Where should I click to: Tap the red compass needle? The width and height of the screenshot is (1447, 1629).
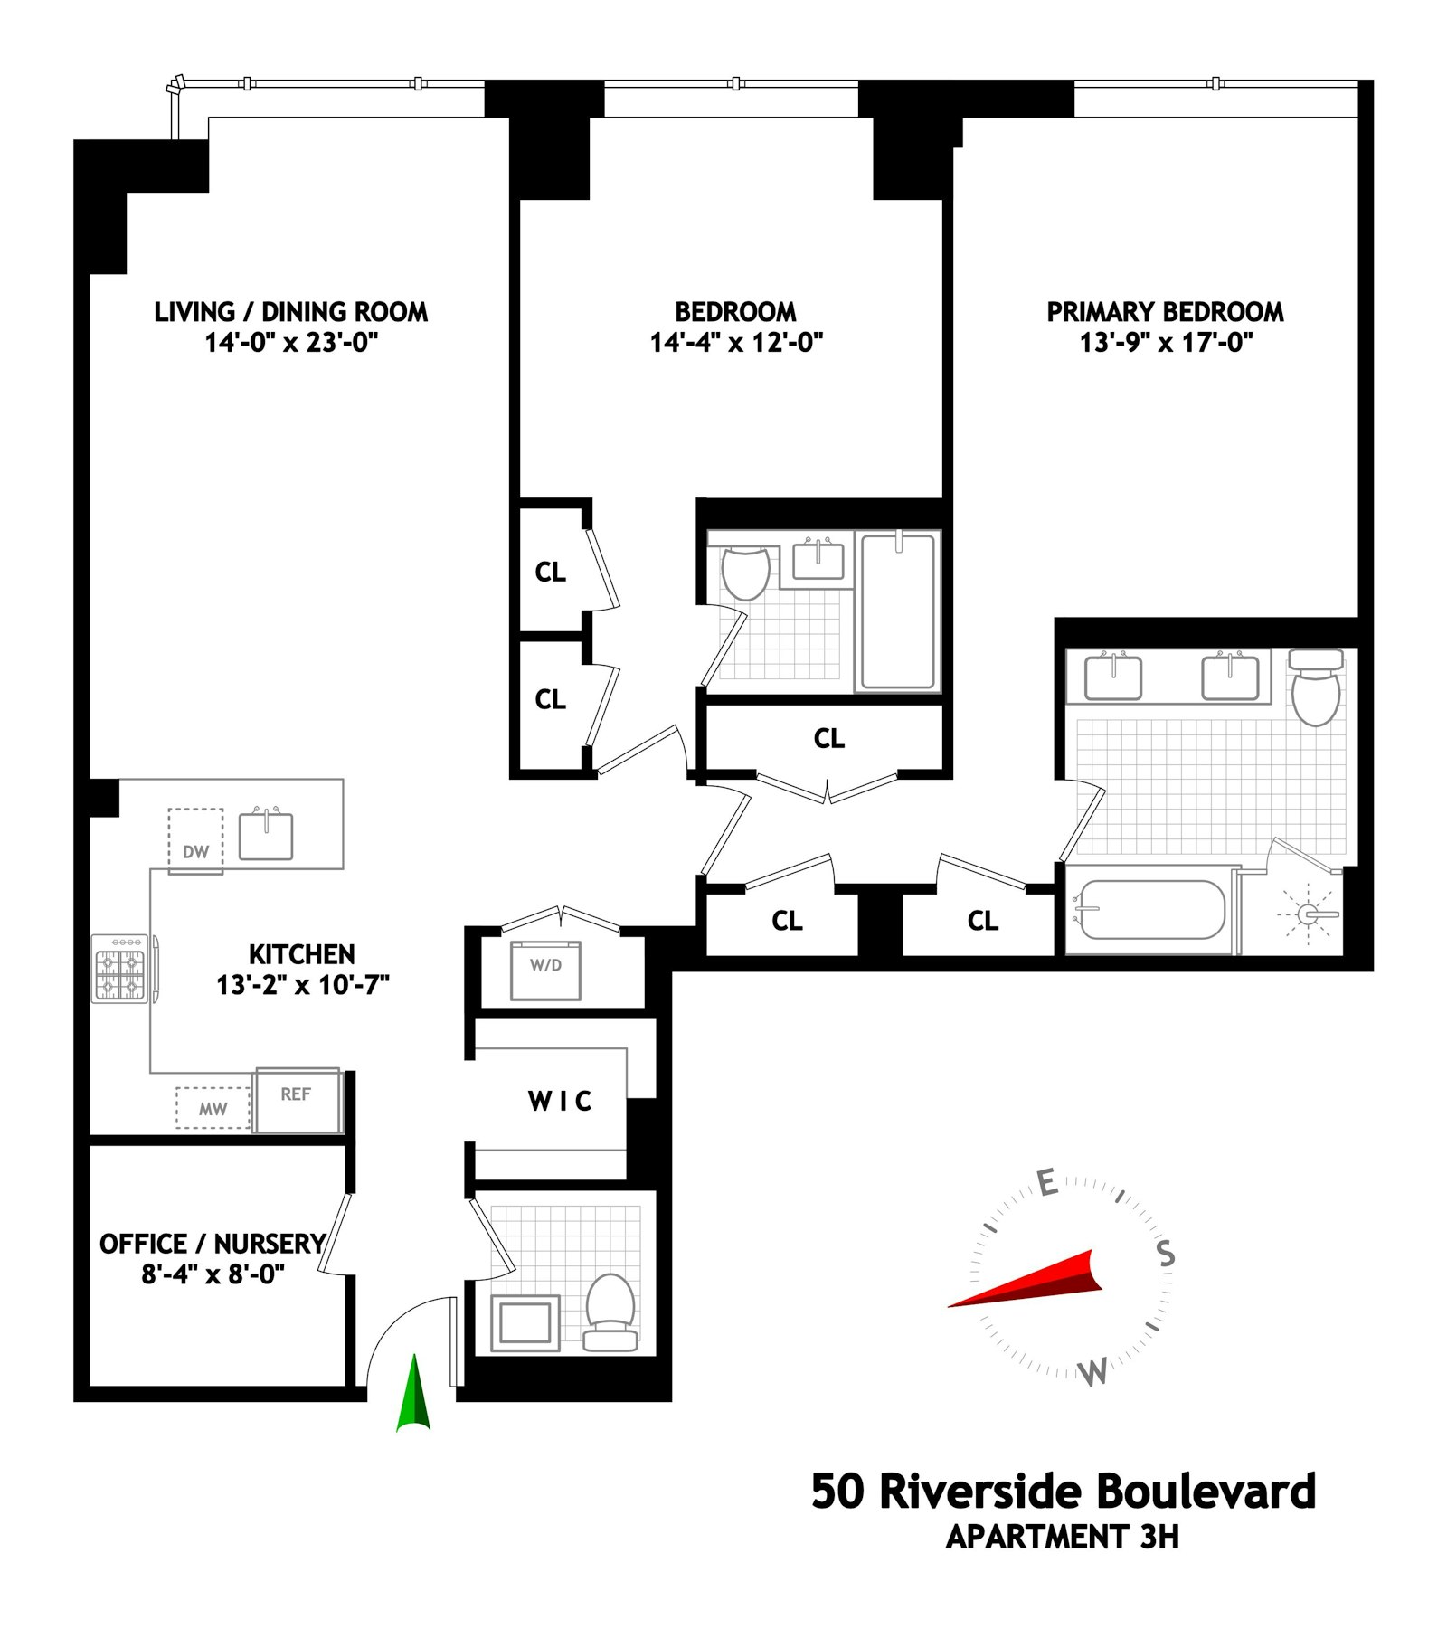[1031, 1281]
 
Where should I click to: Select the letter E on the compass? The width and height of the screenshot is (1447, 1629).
[1046, 1182]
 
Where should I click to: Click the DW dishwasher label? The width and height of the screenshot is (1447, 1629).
[195, 851]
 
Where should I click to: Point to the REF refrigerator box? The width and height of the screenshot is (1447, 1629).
[298, 1100]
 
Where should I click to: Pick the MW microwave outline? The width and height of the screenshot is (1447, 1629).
[213, 1109]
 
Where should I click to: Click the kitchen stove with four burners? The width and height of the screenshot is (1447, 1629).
[120, 969]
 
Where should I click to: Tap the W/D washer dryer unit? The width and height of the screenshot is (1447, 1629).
[545, 970]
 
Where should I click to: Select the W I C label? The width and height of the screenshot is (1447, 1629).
[560, 1101]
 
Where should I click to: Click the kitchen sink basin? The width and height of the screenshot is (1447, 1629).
[266, 836]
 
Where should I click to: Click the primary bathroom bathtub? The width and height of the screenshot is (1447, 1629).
[1149, 910]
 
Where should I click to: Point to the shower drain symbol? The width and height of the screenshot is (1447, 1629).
[1308, 914]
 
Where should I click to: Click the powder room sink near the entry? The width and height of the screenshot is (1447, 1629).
[525, 1323]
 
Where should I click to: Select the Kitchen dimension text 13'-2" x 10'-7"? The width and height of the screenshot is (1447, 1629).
[302, 984]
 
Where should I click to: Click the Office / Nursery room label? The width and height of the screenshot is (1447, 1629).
[213, 1244]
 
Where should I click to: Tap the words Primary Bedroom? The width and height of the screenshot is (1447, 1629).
[1165, 312]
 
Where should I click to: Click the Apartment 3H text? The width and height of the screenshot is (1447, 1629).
[1063, 1537]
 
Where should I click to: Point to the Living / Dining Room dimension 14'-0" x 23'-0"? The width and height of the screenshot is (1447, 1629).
[291, 343]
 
